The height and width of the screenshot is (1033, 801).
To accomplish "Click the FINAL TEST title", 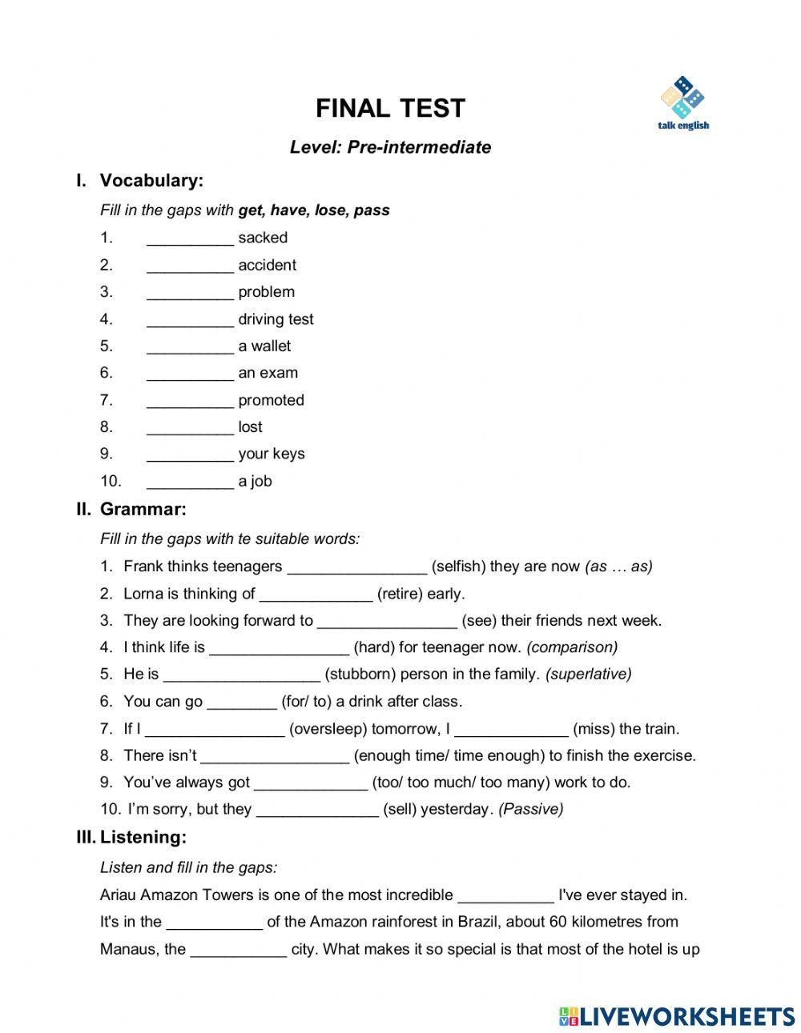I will pyautogui.click(x=390, y=108).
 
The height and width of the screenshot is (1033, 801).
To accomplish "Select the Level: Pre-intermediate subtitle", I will pyautogui.click(x=390, y=147).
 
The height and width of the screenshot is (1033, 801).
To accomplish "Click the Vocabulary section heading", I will pyautogui.click(x=151, y=181).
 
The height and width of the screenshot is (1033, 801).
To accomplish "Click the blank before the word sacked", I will pyautogui.click(x=190, y=238).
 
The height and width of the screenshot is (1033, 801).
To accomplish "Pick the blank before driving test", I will pyautogui.click(x=190, y=320).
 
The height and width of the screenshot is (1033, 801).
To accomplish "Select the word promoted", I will pyautogui.click(x=271, y=400).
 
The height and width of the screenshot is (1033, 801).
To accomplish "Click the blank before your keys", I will pyautogui.click(x=190, y=454).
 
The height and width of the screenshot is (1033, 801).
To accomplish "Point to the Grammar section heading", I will pyautogui.click(x=143, y=509).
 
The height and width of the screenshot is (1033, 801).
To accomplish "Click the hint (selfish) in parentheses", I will pyautogui.click(x=458, y=567).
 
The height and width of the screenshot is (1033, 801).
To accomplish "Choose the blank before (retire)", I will pyautogui.click(x=316, y=595).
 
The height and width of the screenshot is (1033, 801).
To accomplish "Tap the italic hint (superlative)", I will pyautogui.click(x=588, y=675).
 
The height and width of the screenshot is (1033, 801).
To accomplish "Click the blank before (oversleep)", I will pyautogui.click(x=215, y=730).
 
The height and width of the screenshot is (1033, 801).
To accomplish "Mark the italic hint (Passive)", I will pyautogui.click(x=530, y=810).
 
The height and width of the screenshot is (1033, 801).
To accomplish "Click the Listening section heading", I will pyautogui.click(x=143, y=838).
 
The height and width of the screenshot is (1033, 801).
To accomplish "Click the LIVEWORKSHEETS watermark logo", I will pyautogui.click(x=676, y=1016).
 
